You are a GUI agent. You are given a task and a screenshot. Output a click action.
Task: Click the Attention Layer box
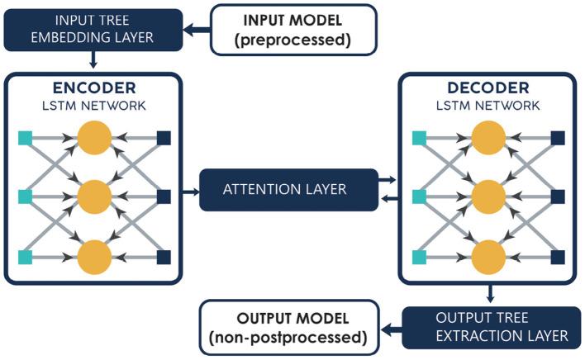(x=284, y=190)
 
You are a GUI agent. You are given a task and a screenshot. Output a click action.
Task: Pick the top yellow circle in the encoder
(x=93, y=138)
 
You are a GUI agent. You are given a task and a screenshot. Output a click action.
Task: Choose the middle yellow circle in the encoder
(x=93, y=197)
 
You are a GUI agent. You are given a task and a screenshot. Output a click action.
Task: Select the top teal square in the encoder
(x=26, y=138)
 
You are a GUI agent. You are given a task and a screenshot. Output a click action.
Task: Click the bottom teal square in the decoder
(x=420, y=257)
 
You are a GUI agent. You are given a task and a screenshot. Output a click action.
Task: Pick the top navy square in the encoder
(x=164, y=138)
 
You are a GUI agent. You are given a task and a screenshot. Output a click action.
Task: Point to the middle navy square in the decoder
(x=558, y=197)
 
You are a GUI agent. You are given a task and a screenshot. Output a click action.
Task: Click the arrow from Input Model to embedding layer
(x=197, y=30)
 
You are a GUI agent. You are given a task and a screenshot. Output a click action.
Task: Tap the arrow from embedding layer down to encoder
(x=93, y=60)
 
